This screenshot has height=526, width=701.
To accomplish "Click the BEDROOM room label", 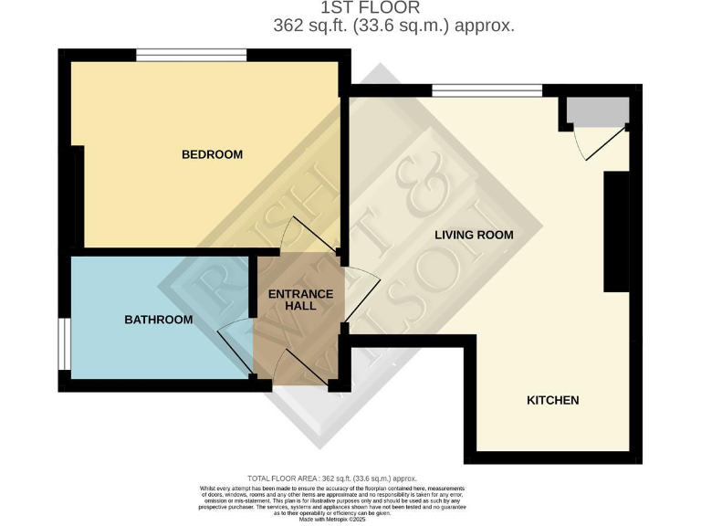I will pyautogui.click(x=212, y=154).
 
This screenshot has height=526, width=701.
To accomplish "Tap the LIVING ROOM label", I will pyautogui.click(x=474, y=235).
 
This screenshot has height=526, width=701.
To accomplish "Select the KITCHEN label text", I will pyautogui.click(x=552, y=400).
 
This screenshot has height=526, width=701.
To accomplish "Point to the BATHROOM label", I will pyautogui.click(x=159, y=320).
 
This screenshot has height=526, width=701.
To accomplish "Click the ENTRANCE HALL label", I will pyautogui.click(x=299, y=300).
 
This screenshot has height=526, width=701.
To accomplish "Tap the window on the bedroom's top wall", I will pyautogui.click(x=192, y=56).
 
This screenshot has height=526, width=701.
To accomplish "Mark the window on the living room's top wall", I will pyautogui.click(x=487, y=90).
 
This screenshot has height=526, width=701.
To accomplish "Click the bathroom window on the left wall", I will pyautogui.click(x=64, y=344).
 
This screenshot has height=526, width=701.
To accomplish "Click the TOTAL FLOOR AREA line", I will pyautogui.click(x=332, y=479).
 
